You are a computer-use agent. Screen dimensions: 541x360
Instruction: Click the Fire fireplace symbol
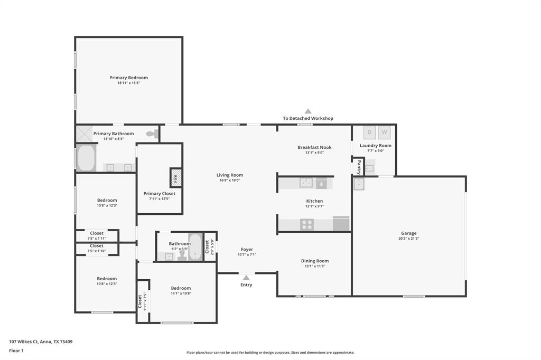(175, 178)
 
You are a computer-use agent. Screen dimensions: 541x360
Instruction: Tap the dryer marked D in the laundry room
(369, 132)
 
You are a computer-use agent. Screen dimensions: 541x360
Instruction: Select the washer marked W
(385, 132)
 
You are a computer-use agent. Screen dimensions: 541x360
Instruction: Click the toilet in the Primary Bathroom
(152, 134)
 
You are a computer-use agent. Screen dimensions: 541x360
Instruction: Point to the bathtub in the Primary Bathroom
(86, 158)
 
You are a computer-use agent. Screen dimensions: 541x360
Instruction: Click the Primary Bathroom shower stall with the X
(84, 134)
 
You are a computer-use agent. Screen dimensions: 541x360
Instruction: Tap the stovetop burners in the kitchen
(307, 224)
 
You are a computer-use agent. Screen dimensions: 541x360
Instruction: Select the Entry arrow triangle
(246, 278)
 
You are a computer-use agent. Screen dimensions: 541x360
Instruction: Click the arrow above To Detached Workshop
(308, 111)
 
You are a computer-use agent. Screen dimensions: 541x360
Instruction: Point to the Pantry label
(359, 167)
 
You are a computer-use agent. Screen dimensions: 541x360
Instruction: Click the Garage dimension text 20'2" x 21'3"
(409, 238)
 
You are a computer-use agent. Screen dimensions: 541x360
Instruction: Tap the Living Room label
(230, 175)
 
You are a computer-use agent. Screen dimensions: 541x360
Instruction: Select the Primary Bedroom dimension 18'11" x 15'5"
(129, 83)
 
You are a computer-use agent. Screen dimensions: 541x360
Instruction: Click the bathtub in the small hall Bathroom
(195, 247)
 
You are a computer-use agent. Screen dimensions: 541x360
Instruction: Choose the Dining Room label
(315, 261)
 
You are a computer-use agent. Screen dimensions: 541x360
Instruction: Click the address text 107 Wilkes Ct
(23, 342)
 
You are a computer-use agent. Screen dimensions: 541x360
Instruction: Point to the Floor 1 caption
(16, 350)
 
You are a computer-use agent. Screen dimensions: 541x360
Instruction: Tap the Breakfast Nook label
(315, 147)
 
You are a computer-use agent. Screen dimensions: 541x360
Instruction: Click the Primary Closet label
(160, 193)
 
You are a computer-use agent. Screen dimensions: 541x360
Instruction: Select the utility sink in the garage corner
(359, 184)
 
